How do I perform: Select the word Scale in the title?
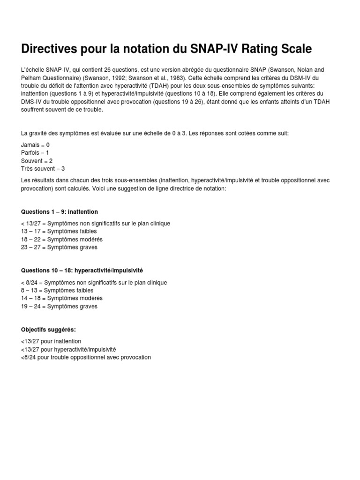[x=294, y=48]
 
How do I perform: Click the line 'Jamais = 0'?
[x=35, y=145]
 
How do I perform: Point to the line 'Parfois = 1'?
[x=35, y=153]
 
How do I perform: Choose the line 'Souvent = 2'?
[x=37, y=161]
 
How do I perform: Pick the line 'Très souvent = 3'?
[x=43, y=168]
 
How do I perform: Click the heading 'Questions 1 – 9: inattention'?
[x=60, y=212]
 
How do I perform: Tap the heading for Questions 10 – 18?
[x=82, y=271]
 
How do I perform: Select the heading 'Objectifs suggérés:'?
[x=48, y=330]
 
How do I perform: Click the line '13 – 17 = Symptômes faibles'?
[x=59, y=232]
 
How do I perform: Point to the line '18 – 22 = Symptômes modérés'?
[x=62, y=239]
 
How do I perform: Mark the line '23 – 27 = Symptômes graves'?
[x=60, y=247]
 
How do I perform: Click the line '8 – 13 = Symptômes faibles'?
[x=57, y=291]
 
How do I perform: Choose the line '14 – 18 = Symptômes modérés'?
[x=62, y=298]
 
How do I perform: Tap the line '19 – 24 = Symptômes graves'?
[x=60, y=306]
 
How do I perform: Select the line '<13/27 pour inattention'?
[x=51, y=342]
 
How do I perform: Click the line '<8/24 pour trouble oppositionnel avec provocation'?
[x=86, y=357]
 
